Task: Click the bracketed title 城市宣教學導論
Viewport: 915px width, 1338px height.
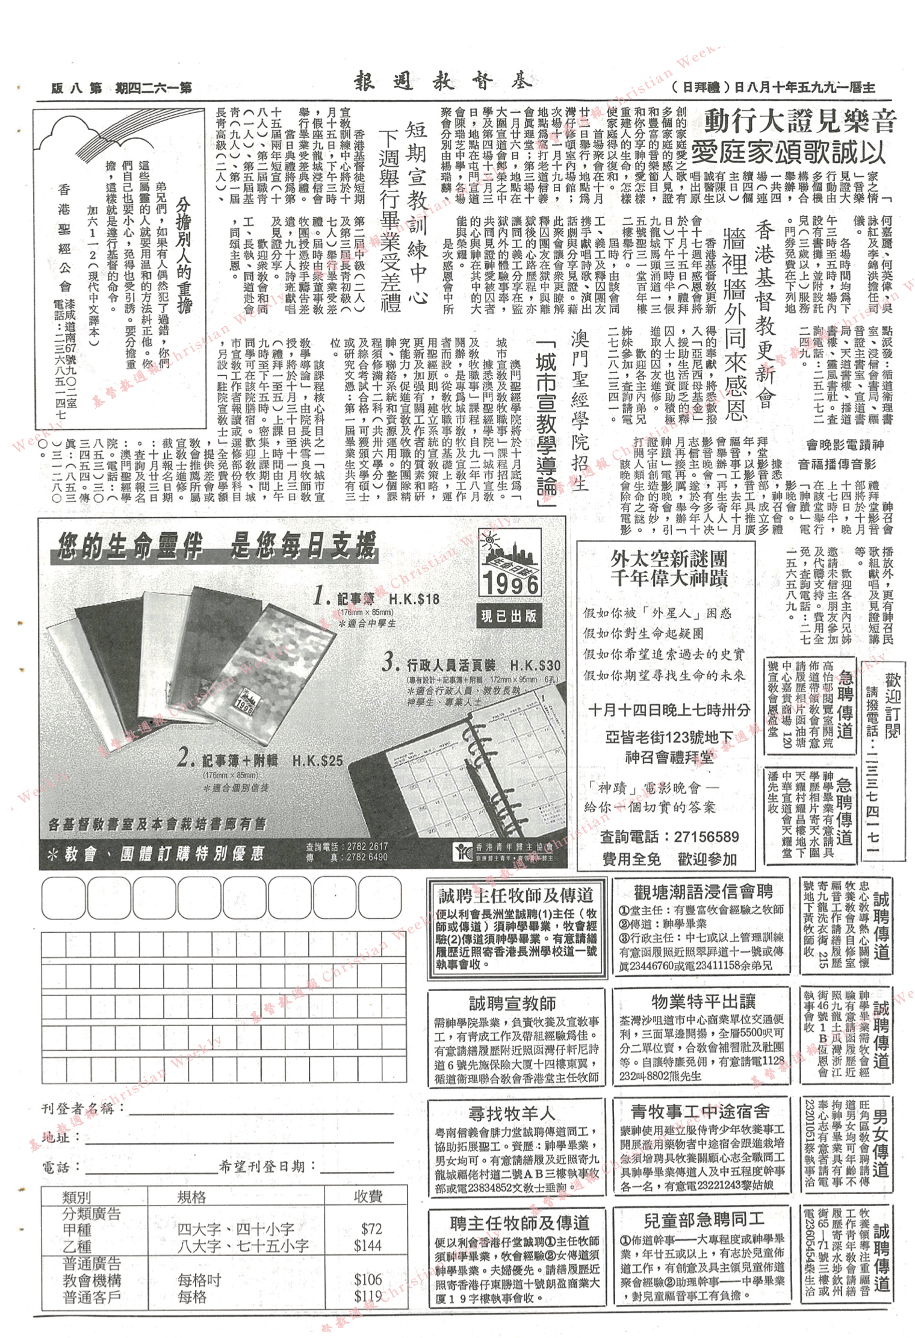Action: (547, 422)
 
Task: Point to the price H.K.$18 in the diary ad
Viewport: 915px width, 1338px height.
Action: (414, 599)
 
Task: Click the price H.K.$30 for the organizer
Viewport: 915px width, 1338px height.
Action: (535, 665)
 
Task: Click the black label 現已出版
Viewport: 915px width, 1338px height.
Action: (509, 616)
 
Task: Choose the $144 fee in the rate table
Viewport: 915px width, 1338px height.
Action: (368, 1246)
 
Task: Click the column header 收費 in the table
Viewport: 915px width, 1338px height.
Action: (367, 1196)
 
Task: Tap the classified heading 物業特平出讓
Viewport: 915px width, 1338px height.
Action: (703, 1001)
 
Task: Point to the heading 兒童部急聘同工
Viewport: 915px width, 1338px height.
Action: (704, 1221)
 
